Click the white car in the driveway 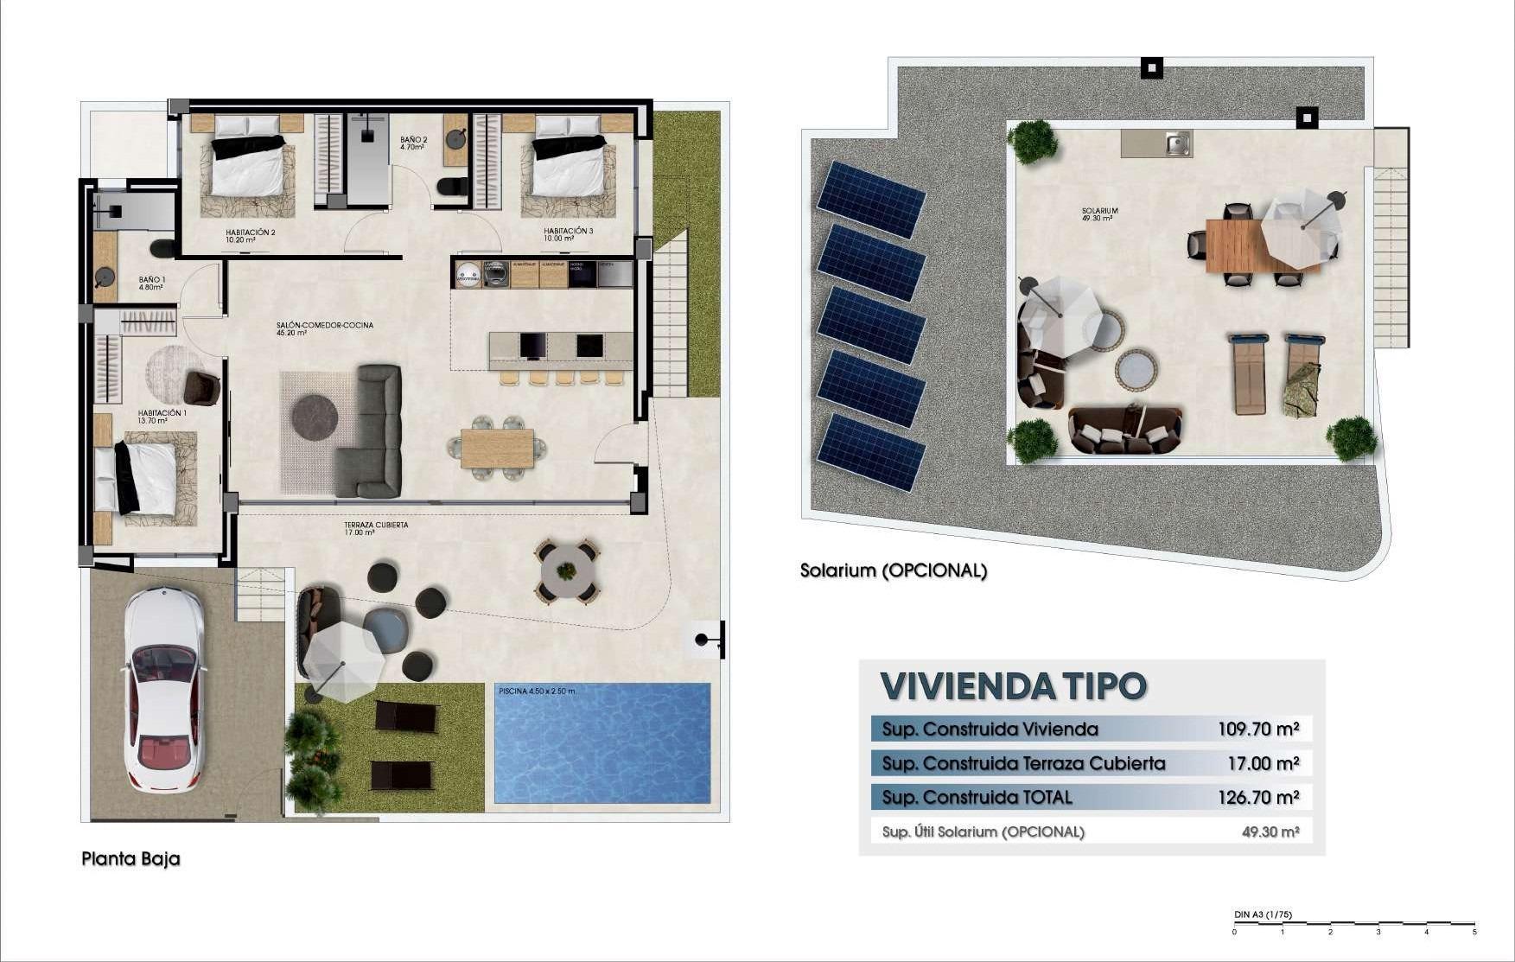point(164,690)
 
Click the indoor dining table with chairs point(497,448)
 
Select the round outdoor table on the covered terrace point(566,570)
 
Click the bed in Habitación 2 point(248,164)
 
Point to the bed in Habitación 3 point(568,164)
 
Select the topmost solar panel point(871,199)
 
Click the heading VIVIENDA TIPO point(1013,686)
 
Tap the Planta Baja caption point(130,859)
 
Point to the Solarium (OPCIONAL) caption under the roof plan point(893,570)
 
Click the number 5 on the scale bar point(1474,932)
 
